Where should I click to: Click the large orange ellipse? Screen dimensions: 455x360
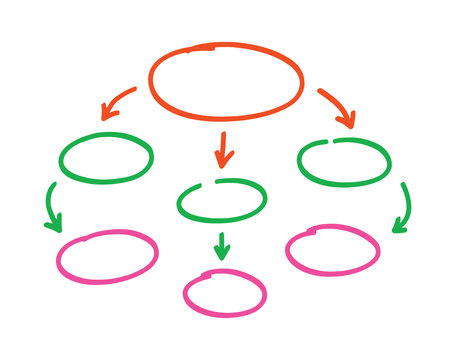coord(226,80)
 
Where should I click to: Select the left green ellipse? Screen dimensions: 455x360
coord(106,158)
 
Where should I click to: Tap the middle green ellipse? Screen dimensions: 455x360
coord(222,200)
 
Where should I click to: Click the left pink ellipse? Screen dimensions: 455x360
coord(107,257)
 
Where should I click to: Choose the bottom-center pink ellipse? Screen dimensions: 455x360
coord(225,292)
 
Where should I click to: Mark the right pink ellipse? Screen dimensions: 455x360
coord(332,249)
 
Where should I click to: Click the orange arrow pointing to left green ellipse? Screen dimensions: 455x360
coord(117,101)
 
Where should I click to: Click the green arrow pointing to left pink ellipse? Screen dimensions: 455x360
coord(51,207)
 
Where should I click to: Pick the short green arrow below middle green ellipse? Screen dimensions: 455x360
coord(222,245)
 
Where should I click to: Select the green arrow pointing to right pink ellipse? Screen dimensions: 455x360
coord(403,208)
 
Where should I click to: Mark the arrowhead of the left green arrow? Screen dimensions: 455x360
coord(53,224)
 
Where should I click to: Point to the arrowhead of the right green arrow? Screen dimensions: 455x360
coord(399,226)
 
